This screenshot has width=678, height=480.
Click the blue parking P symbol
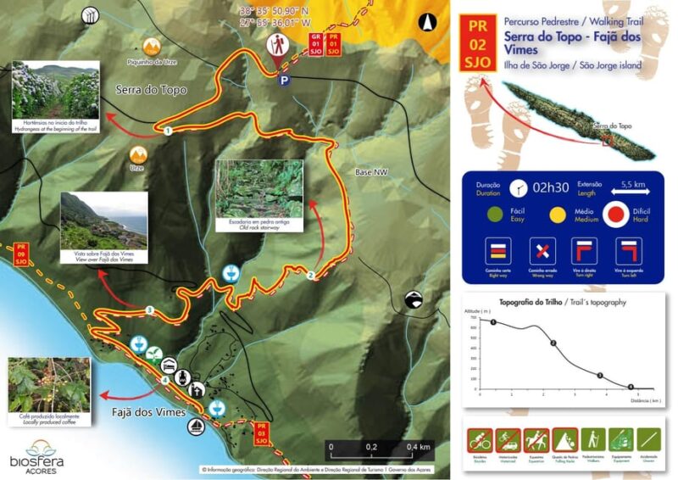(285, 81)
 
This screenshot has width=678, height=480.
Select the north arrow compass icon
(430, 23)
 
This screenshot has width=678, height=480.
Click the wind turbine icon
(91, 16)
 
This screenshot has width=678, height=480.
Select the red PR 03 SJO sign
(262, 434)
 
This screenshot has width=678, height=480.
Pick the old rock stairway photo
(258, 189)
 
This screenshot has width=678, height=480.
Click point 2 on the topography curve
(553, 343)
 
